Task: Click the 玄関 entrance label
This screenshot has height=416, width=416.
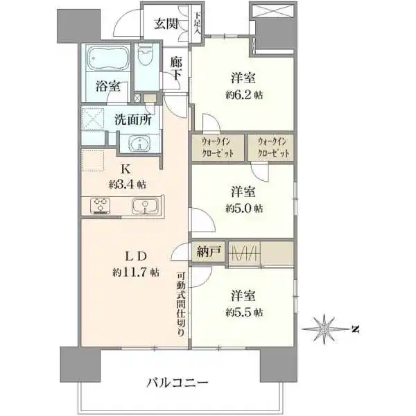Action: pos(166,24)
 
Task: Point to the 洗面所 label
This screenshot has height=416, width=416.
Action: pos(132,119)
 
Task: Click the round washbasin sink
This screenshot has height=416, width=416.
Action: pos(141,144)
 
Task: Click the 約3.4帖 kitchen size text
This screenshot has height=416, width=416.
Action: pos(127,184)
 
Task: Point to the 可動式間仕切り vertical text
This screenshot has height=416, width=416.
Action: pos(180,303)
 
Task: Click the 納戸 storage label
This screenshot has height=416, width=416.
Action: pos(210,252)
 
